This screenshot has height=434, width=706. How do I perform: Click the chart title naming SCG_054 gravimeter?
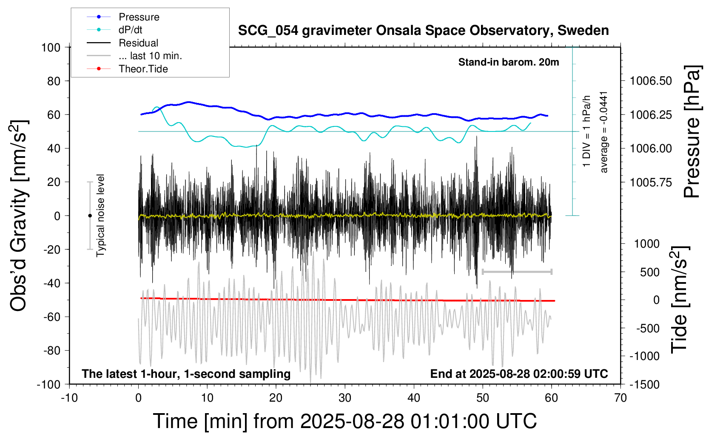point(423,31)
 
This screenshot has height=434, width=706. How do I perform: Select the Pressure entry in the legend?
point(139,17)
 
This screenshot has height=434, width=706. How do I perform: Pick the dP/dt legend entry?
point(130,30)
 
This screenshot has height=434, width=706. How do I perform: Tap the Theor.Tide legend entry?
point(143,69)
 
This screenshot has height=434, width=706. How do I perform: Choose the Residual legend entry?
point(138,43)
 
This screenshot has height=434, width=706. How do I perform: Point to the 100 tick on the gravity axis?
point(51,47)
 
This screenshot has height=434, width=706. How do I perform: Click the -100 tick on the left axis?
point(48,384)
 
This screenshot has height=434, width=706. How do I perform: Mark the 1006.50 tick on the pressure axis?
point(651,81)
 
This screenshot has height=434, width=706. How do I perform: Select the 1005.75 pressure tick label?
point(651,182)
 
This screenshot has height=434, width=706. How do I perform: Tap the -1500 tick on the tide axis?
point(644,384)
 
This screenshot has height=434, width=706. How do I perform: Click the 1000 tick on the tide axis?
point(647,244)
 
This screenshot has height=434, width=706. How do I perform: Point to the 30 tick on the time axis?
point(344,398)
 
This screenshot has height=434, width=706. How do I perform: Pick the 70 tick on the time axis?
point(621,398)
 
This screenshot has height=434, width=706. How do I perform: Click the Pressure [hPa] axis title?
point(692,131)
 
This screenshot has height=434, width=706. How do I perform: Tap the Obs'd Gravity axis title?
point(19,216)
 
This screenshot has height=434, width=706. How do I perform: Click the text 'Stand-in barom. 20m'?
point(508,63)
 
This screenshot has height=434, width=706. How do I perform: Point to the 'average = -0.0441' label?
point(604,132)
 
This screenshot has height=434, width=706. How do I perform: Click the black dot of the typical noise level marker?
point(90,216)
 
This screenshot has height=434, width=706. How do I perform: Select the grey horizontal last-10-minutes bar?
point(517,271)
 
